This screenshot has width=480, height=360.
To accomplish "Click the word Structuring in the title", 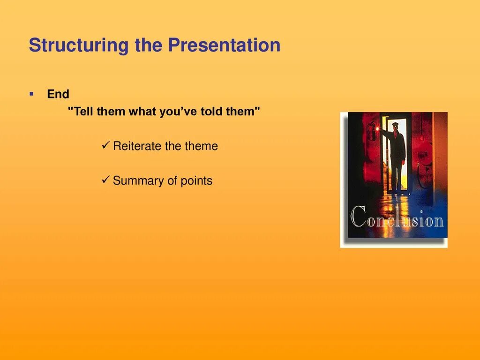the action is click(x=79, y=45).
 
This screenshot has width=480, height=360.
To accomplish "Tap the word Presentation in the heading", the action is click(x=224, y=45).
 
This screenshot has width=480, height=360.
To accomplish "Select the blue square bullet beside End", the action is click(x=31, y=94).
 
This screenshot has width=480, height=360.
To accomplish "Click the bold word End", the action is click(x=58, y=94).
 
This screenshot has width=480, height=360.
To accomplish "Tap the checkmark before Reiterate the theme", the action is click(x=105, y=145).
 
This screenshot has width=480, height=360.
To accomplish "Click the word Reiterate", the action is click(x=137, y=146).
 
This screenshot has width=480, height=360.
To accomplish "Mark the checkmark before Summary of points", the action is click(x=105, y=180).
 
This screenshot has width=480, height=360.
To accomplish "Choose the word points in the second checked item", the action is click(x=196, y=181).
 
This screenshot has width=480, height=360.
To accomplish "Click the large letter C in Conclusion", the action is click(x=358, y=217).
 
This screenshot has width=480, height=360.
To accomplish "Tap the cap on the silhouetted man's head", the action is click(x=395, y=124).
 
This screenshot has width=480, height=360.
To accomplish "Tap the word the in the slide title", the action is click(x=149, y=45).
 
